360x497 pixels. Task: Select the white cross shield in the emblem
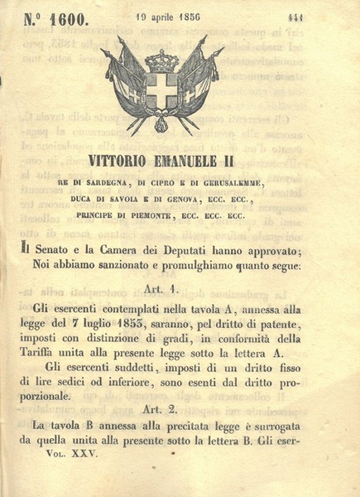(x=161, y=90)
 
